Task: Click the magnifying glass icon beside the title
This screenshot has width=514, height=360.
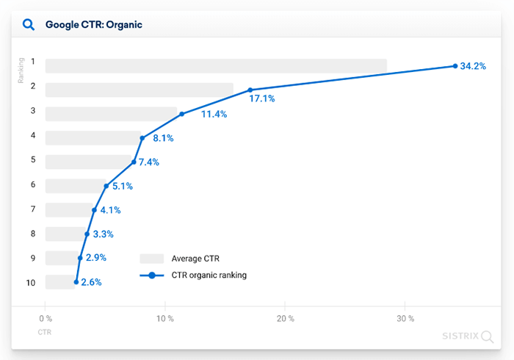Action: (29, 24)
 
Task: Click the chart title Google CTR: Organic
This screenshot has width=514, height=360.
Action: (93, 24)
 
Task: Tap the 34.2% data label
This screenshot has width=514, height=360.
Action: (473, 66)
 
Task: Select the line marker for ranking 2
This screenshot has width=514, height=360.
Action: (250, 90)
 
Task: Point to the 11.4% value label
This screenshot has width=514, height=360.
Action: (214, 114)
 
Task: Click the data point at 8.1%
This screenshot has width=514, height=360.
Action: (142, 138)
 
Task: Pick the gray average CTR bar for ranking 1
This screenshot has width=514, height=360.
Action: (216, 65)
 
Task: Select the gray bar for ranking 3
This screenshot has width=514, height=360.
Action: (111, 114)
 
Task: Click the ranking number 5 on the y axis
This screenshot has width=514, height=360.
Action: (32, 159)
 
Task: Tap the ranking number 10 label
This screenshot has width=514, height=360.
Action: (31, 281)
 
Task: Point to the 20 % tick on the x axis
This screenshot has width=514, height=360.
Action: (285, 318)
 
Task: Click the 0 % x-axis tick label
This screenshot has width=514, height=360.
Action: (46, 318)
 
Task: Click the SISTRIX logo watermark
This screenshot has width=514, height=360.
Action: (467, 337)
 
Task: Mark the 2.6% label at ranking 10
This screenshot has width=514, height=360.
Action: (91, 282)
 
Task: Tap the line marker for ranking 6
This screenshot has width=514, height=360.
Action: (106, 186)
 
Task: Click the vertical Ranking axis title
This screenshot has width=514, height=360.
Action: (21, 71)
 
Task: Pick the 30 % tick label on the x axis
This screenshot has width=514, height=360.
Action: (405, 318)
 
